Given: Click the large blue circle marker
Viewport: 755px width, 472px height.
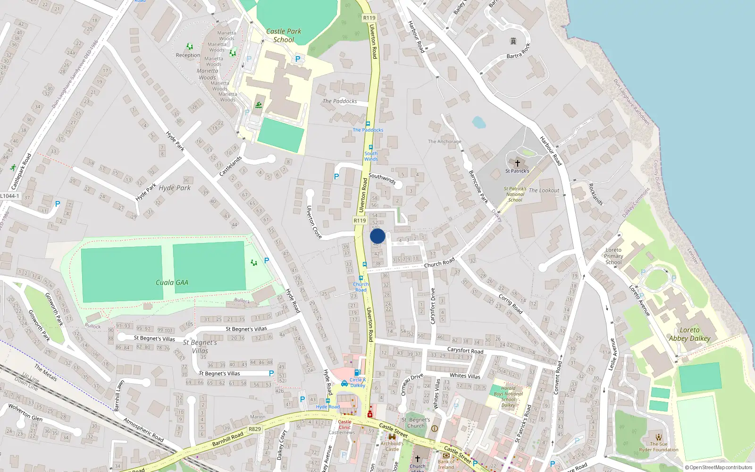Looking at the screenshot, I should [377, 236].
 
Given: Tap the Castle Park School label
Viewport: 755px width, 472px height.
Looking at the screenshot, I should [284, 35].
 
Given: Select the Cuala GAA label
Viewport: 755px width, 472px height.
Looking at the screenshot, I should [172, 282].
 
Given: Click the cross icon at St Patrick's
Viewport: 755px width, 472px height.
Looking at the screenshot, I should [517, 163].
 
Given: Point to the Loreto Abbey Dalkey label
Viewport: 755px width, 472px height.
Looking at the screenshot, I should [689, 334].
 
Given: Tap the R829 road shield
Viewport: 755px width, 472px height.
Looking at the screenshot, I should [255, 429].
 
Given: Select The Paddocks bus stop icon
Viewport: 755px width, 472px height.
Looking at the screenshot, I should [368, 124].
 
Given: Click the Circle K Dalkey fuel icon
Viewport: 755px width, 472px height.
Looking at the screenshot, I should [357, 372].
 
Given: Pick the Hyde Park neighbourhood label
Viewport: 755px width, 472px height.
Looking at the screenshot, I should [175, 188].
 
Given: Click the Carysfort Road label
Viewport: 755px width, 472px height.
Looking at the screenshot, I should [465, 350].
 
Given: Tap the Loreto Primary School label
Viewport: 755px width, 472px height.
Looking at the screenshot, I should [613, 256].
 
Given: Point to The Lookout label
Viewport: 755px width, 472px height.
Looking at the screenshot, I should [544, 190].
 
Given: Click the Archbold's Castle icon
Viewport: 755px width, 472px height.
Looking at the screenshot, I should [392, 437].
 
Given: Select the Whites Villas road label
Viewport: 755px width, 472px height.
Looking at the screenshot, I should [465, 376].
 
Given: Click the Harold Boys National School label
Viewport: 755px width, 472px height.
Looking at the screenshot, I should [508, 396].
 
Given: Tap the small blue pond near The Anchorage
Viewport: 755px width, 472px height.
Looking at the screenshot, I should [478, 122].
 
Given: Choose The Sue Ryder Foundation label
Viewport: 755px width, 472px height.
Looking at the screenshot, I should [659, 447].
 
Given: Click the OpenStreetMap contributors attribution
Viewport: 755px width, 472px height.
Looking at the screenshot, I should [719, 467].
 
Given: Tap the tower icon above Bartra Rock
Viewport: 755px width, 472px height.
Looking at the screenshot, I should [513, 42].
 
